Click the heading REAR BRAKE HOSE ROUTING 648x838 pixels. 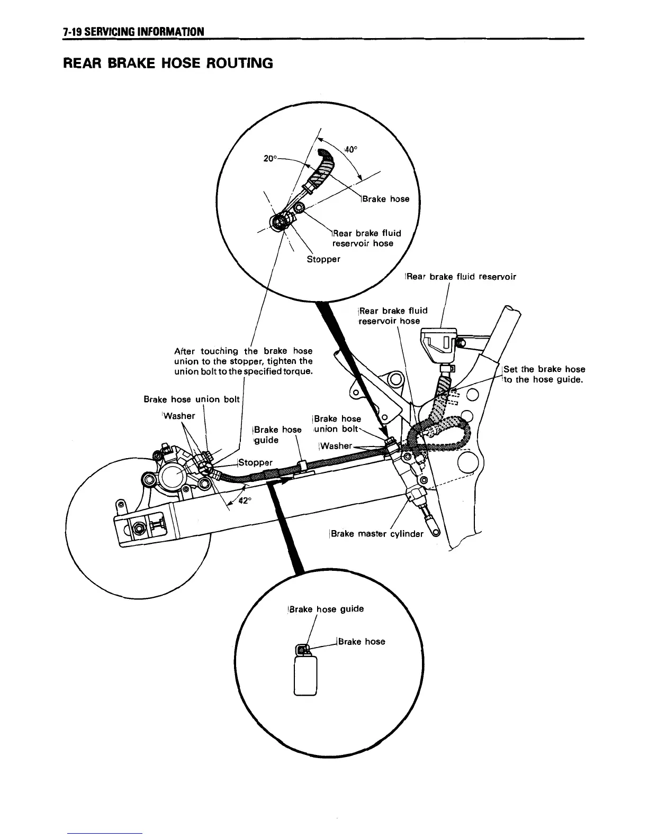168,63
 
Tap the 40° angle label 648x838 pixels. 351,150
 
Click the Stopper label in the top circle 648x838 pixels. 323,259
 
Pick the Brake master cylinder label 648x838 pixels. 377,533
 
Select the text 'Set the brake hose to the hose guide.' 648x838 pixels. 544,374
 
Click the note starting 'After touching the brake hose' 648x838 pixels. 243,361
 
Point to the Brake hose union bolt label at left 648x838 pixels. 192,399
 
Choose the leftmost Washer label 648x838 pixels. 179,416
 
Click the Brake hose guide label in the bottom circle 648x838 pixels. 325,609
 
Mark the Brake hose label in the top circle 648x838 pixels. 385,199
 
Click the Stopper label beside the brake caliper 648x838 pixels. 256,463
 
